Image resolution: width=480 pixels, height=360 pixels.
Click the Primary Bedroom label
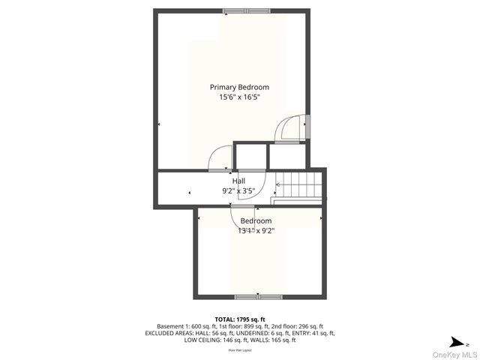tap(239, 87)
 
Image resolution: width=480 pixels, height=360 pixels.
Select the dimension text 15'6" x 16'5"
tap(239, 97)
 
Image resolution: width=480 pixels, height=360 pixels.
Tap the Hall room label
tap(238, 181)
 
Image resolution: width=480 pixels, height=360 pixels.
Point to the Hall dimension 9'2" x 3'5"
tap(238, 190)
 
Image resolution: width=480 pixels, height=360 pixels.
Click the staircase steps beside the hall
tap(298, 183)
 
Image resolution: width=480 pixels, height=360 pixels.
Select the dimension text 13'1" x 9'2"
tap(256, 231)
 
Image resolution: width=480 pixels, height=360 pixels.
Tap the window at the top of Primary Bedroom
tap(244, 11)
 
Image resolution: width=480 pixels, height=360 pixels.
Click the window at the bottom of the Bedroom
tap(258, 296)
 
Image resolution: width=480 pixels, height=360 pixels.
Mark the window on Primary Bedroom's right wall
tap(307, 127)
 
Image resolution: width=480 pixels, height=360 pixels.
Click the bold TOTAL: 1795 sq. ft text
tap(240, 319)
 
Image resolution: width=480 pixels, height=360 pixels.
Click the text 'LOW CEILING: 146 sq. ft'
tap(214, 340)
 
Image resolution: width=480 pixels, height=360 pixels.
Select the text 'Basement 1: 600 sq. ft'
tap(181, 326)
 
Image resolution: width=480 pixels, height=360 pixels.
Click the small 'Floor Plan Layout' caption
tap(240, 350)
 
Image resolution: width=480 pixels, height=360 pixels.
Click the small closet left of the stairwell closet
tap(250, 157)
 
